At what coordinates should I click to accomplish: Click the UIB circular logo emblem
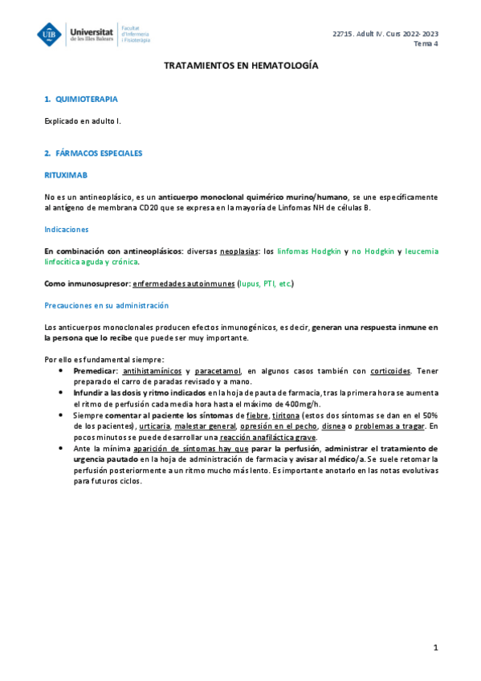coord(51,34)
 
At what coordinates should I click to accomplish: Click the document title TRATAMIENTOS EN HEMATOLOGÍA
coord(241,66)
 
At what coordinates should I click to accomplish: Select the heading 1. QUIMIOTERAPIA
coord(82,99)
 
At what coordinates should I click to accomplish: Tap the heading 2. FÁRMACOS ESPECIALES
coord(94,152)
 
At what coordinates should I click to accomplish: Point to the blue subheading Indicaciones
coord(67,229)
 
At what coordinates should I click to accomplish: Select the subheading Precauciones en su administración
coord(106,305)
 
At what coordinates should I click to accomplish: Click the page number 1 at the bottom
coord(434,647)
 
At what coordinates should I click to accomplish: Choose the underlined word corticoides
coord(390,371)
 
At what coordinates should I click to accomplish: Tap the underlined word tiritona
coord(287,415)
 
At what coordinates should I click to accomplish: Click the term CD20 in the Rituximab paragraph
coord(132,207)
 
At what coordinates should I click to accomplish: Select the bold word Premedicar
coord(95,371)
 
